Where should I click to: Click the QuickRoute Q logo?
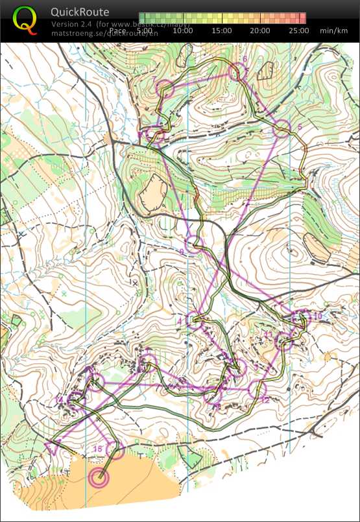25,19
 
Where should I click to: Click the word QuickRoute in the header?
80,12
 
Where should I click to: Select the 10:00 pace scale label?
183,30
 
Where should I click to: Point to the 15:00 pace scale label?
222,30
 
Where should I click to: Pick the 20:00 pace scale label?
260,30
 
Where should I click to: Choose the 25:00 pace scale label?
298,30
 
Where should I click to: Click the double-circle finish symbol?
99,479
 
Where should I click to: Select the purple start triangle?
53,447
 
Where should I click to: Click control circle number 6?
235,73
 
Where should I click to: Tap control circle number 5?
282,128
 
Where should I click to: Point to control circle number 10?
300,318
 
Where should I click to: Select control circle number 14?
76,399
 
